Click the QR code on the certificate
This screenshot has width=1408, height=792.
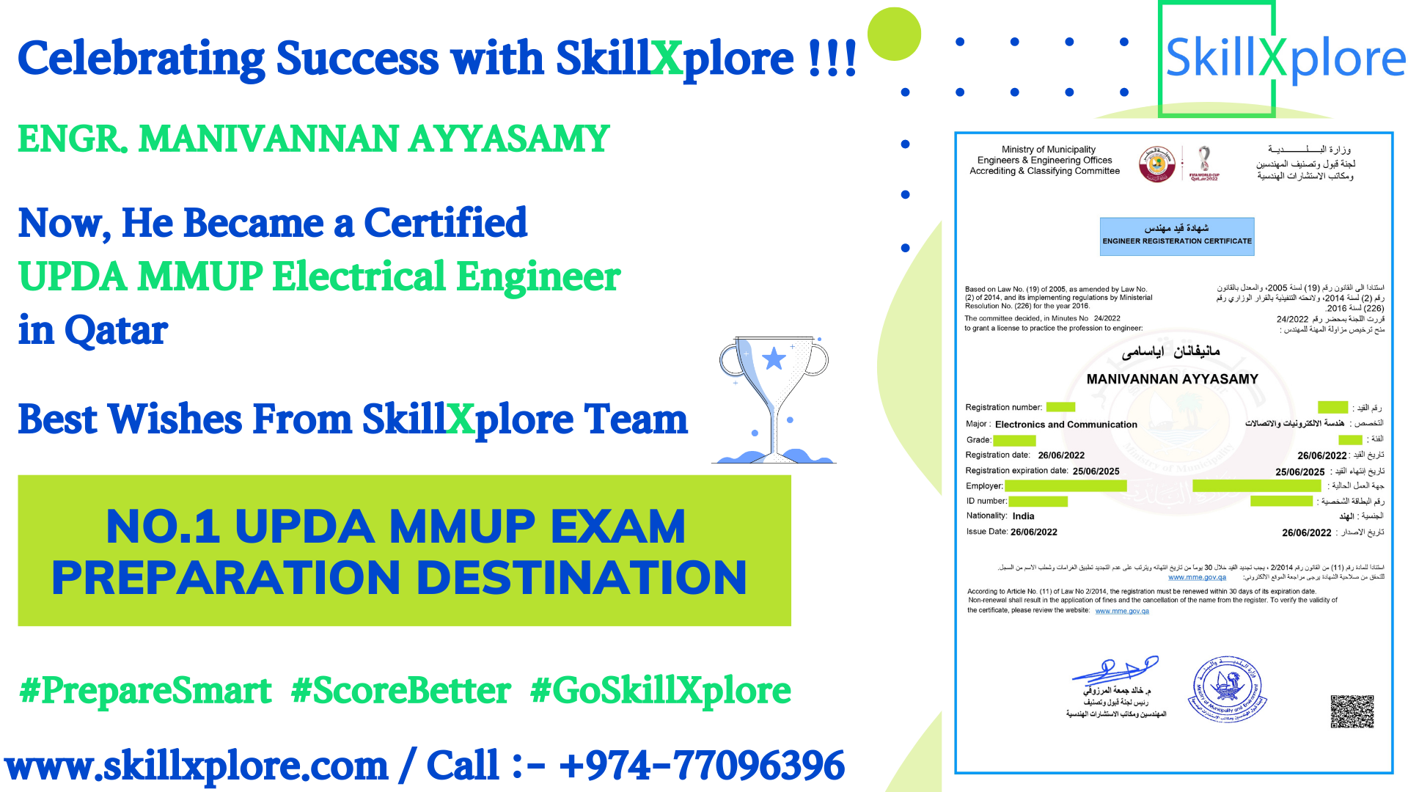click(x=1352, y=711)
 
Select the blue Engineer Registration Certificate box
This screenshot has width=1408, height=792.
click(x=1177, y=236)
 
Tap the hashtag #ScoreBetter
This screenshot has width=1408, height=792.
click(x=400, y=691)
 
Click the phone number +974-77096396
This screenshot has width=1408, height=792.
click(x=701, y=766)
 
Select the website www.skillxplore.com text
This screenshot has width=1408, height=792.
click(x=197, y=766)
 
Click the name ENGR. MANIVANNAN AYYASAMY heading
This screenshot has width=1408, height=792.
click(x=313, y=139)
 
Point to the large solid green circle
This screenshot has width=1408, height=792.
click(x=894, y=34)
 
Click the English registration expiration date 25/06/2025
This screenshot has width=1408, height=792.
click(x=1096, y=472)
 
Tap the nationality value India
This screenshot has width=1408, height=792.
click(x=1023, y=516)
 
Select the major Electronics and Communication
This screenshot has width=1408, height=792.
click(x=1066, y=425)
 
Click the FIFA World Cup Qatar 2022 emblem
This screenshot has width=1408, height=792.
click(x=1204, y=163)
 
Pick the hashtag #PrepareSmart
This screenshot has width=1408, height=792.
click(x=146, y=691)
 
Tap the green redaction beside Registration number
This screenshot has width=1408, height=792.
click(x=1060, y=407)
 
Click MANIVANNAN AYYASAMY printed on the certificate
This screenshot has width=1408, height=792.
click(x=1172, y=379)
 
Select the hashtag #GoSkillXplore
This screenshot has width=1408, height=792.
click(x=661, y=691)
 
